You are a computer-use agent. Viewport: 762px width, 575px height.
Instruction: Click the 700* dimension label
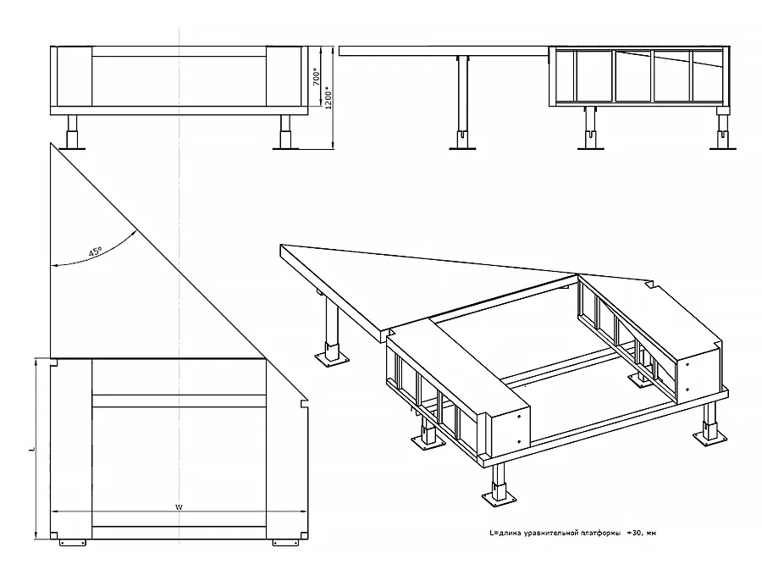point(317,76)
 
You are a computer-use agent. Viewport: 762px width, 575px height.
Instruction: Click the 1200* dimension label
point(328,97)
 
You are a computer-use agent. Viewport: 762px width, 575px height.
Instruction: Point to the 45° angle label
point(95,252)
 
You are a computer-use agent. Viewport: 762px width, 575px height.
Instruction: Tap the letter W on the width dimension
point(179,507)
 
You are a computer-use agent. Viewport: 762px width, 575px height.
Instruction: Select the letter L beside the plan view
point(32,449)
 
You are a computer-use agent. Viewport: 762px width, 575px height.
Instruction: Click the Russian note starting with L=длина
point(573,533)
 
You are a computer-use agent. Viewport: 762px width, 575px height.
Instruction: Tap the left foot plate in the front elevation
point(73,148)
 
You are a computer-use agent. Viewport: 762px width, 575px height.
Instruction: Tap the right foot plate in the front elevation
point(286,148)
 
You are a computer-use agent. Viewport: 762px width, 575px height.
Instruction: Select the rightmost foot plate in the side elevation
point(723,147)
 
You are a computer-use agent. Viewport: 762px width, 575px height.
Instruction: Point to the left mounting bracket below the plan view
point(73,543)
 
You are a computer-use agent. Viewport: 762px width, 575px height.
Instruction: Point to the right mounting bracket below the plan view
point(286,543)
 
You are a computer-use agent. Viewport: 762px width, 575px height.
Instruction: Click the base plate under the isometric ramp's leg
point(333,359)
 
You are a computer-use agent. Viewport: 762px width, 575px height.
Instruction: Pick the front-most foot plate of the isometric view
point(499,499)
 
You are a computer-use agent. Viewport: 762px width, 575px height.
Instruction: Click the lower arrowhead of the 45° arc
point(55,265)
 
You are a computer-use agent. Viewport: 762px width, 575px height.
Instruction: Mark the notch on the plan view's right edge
point(305,403)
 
